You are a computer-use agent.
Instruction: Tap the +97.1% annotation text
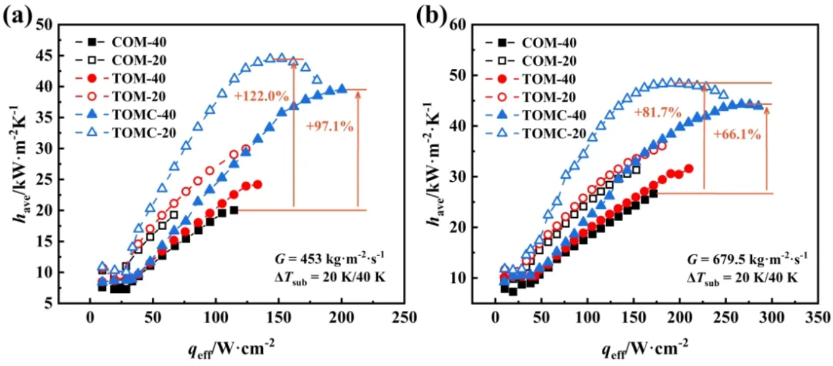click(329, 126)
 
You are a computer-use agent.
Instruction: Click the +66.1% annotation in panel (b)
click(736, 135)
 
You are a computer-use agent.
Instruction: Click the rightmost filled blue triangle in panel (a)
click(342, 89)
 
